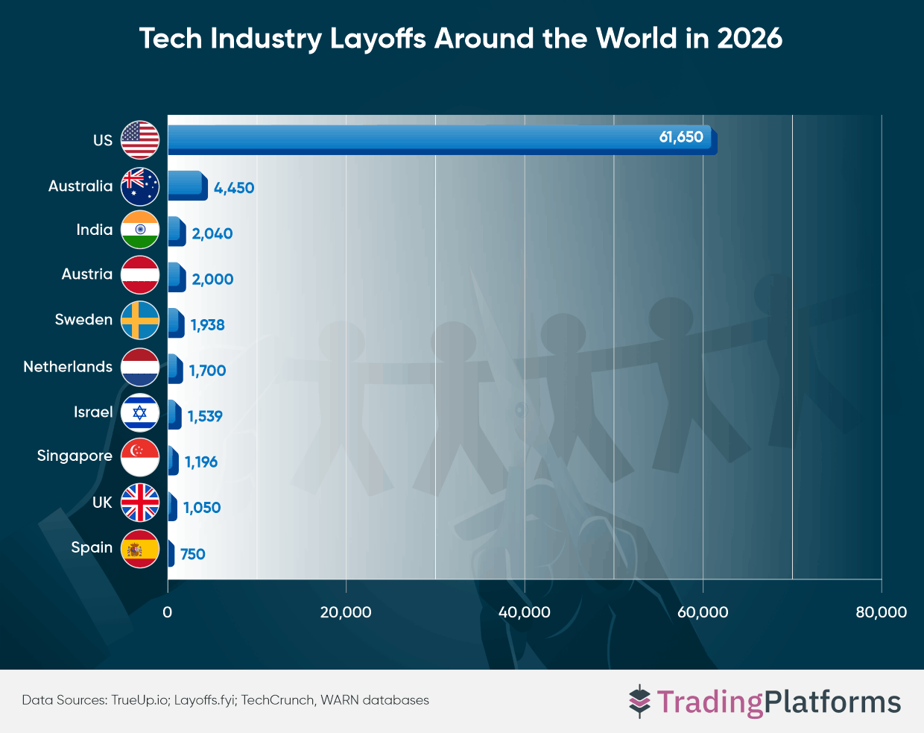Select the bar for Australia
coord(186,186)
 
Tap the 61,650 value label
coord(680,137)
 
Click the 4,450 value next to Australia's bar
coord(234,188)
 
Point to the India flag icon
coord(140,230)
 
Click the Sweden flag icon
coord(140,321)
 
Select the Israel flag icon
coord(140,412)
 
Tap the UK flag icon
coord(140,503)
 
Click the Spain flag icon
coord(140,549)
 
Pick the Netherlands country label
coord(68,367)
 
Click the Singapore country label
coord(75,456)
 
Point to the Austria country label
coord(87,274)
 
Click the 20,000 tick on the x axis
coord(346,612)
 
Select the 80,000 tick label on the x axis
coord(881,612)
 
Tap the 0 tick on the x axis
coord(168,612)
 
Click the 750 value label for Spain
coord(192,554)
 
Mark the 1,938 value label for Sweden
coord(207,325)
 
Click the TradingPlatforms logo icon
coord(639,702)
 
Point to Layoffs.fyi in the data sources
coord(204,700)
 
